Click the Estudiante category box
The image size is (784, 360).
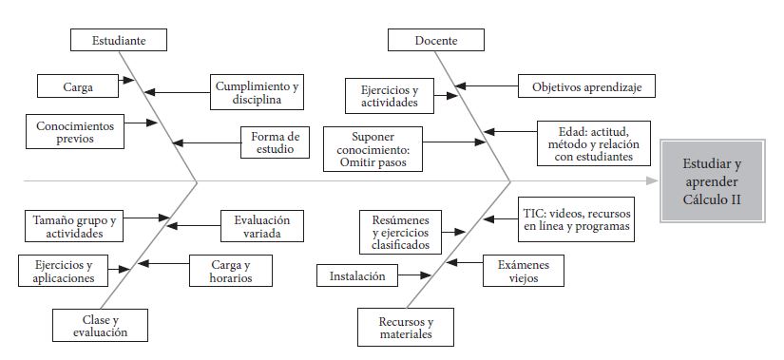coord(119,40)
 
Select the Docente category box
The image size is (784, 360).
coord(436,40)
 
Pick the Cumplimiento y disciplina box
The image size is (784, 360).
coord(256,92)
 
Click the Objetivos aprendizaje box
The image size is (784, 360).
coord(586,86)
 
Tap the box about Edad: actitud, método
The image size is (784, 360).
coord(583,141)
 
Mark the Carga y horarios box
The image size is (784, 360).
coord(232,271)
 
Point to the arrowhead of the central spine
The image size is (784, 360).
coord(649,180)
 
